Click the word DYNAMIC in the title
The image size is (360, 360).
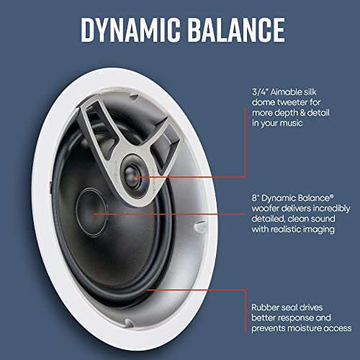(131, 30)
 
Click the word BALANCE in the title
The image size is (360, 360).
(236, 30)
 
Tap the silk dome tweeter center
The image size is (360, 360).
(131, 177)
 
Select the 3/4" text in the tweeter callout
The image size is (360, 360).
(260, 92)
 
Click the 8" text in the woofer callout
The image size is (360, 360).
(256, 198)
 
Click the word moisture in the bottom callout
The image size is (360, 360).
(305, 328)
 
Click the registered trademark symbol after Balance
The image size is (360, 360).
(331, 196)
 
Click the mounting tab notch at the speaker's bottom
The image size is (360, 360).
(129, 323)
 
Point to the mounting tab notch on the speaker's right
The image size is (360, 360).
(199, 226)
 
